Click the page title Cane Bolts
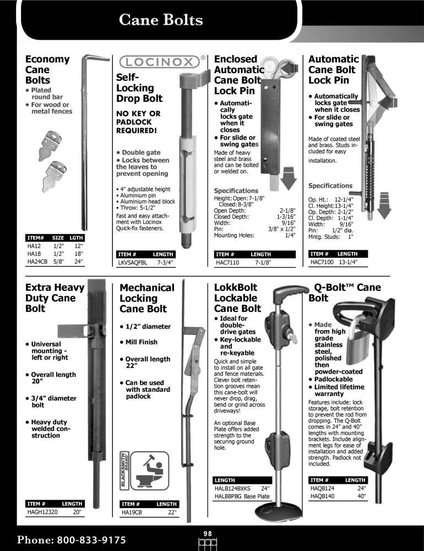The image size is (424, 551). [x=161, y=20]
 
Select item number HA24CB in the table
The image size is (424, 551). [x=37, y=261]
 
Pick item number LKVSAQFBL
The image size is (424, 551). [x=133, y=262]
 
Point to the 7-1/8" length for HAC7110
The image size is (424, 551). [x=263, y=262]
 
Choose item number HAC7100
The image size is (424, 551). [x=322, y=262]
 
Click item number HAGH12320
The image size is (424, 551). [x=42, y=512]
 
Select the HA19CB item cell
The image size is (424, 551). [x=132, y=512]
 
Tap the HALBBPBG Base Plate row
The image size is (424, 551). [x=242, y=496]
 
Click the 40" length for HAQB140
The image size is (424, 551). [x=361, y=496]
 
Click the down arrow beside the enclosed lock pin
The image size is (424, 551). [x=289, y=179]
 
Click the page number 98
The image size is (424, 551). [x=208, y=534]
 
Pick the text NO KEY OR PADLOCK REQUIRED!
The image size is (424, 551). [x=138, y=122]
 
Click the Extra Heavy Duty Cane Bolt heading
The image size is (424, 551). [x=55, y=298]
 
